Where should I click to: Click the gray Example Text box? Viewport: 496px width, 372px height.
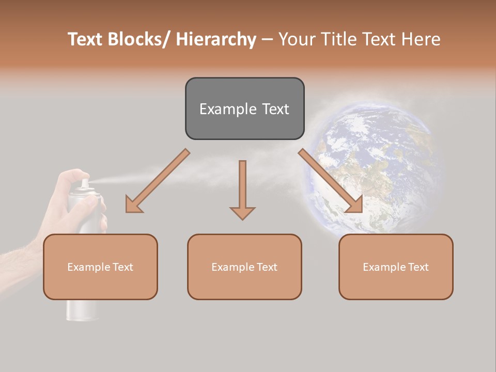[x=244, y=109]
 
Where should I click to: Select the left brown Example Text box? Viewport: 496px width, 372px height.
[x=100, y=267]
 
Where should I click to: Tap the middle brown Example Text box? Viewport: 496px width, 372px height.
[x=244, y=267]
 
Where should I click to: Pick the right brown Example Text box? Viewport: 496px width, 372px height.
[x=396, y=267]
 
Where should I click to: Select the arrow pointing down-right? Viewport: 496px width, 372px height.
[x=331, y=181]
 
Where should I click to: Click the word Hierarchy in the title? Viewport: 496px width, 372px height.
[x=216, y=39]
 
